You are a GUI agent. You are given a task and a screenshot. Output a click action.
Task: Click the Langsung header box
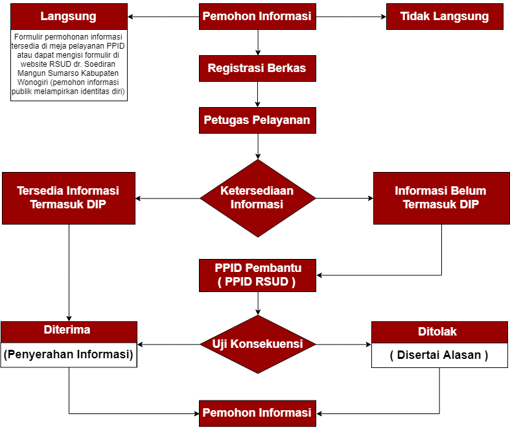coord(69,17)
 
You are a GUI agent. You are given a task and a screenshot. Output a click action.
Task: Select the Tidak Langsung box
coord(445,17)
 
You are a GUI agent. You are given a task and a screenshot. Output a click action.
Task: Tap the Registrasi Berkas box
coord(258,68)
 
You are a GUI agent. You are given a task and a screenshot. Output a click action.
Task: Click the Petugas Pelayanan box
coord(258,120)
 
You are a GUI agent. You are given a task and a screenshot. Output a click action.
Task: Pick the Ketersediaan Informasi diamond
coord(258,198)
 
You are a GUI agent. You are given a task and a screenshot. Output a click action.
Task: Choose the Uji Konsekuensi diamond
coord(258,345)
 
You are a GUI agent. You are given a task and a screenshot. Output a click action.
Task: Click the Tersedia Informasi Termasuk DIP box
coord(69,198)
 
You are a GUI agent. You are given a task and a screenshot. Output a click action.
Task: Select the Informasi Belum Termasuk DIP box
coord(441,198)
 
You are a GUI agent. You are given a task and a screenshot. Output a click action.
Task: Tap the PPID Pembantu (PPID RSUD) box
coord(258,275)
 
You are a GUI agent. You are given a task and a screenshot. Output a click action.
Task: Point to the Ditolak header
coord(439,332)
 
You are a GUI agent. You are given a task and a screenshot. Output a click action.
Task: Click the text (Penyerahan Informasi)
coord(68,354)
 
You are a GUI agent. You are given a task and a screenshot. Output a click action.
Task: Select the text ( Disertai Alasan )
coord(439,355)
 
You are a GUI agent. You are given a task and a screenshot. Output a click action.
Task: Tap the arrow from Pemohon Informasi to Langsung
coord(163,17)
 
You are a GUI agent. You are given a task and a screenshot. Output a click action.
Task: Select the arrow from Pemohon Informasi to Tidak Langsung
coord(351,17)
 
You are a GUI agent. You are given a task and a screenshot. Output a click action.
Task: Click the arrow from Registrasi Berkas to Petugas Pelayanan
coord(258,95)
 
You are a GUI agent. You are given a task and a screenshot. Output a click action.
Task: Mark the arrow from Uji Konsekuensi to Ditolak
coord(343,345)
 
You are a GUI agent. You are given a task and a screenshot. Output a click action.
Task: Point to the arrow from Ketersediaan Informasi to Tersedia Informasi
coord(168,198)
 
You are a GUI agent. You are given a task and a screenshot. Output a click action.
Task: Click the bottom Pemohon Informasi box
coord(258,413)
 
